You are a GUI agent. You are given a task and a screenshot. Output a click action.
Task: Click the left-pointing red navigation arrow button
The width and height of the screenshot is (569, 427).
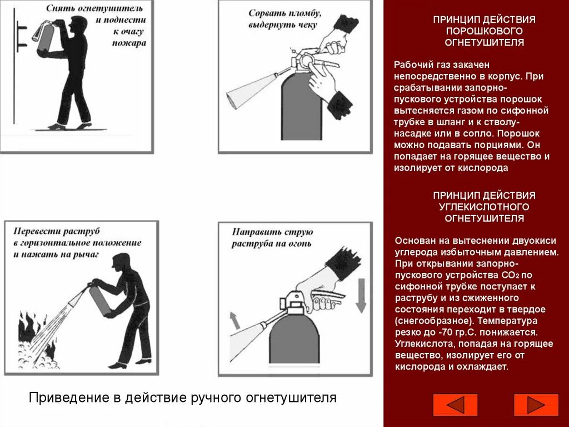(x=455, y=405)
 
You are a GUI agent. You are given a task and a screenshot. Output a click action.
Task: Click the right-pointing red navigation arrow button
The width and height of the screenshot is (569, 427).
(x=536, y=405)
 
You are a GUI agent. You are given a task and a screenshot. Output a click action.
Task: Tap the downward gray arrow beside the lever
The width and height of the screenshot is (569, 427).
(x=360, y=296)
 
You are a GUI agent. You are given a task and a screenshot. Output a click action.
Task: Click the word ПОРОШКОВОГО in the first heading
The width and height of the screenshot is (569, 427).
(x=484, y=31)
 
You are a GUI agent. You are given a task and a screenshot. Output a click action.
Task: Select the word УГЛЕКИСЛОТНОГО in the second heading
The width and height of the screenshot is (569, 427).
(x=484, y=207)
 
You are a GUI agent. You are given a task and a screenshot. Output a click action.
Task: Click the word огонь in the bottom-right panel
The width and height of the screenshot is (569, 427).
(x=300, y=243)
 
